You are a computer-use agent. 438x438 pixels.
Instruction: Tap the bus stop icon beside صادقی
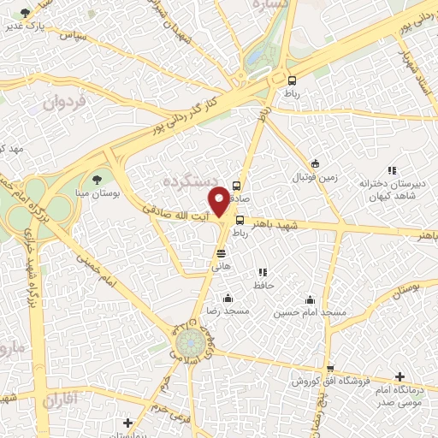coord(237,186)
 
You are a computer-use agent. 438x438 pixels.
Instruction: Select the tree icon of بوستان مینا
coord(96,179)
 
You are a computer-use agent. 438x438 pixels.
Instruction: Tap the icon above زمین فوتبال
coord(315,163)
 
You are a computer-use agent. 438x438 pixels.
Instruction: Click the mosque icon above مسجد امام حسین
coord(310,299)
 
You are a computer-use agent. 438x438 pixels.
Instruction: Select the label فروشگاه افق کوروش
coord(325,381)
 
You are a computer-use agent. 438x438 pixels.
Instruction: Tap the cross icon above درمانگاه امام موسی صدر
coord(400,376)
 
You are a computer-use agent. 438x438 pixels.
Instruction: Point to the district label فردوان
coord(65,104)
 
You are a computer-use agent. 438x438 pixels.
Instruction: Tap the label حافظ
coord(263,286)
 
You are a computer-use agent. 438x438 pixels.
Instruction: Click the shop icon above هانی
coord(222,252)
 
